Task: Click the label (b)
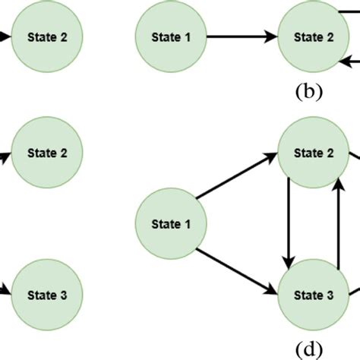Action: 308,93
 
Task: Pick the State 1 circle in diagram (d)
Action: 166,224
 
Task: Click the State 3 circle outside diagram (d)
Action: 47,295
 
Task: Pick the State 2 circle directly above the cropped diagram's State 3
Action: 47,153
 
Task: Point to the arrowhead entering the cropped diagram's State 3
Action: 7,290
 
